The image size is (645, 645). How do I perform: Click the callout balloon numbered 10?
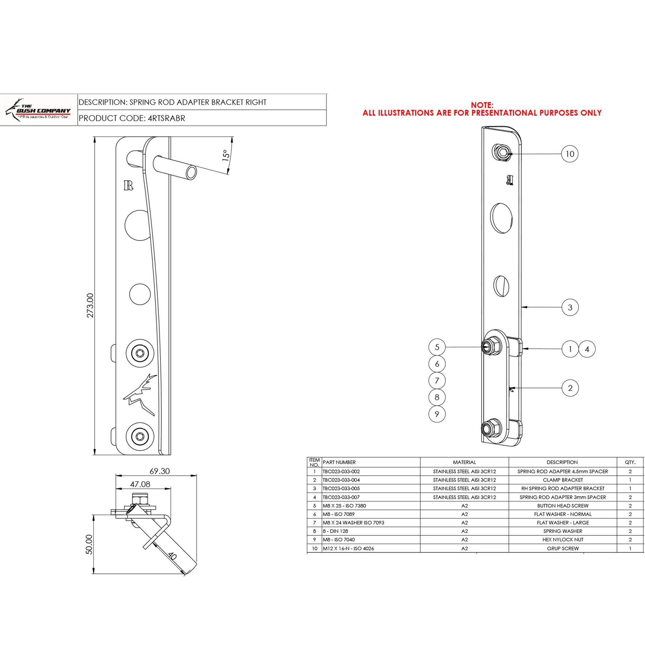point(569,154)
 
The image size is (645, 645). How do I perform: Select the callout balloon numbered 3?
point(570,307)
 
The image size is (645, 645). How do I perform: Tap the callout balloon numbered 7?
point(437,380)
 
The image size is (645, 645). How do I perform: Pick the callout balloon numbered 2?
point(570,388)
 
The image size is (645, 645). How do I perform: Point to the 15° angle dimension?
point(226,155)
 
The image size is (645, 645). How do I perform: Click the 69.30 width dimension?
point(160,471)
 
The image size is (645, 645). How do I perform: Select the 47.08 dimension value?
point(140,484)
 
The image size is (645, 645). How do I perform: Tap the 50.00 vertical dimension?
point(89,544)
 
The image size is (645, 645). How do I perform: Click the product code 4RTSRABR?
point(166,118)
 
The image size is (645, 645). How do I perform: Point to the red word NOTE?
point(482,105)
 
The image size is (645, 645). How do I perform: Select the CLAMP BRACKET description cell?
point(562,480)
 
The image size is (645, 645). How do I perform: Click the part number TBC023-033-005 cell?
point(341,488)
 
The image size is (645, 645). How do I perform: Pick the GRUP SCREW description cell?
point(562,549)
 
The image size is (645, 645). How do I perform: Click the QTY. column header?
point(630,462)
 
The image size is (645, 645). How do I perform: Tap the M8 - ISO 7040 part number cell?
point(339,540)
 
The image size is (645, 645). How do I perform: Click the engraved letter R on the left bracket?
point(128,185)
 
